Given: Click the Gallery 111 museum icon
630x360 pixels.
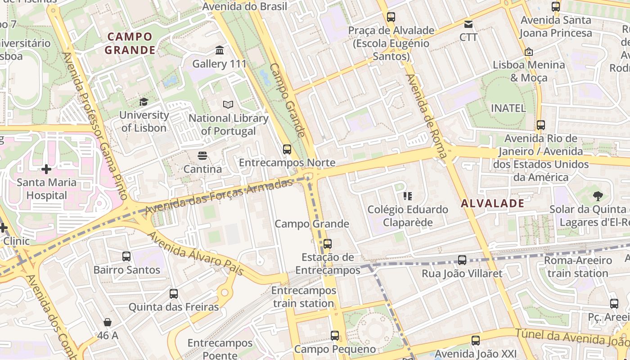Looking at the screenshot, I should (x=220, y=49).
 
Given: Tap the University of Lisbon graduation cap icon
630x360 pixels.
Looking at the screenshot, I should (x=144, y=102).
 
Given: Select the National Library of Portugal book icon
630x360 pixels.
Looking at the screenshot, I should (x=228, y=104).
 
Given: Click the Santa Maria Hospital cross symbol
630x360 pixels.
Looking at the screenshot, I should (x=46, y=169).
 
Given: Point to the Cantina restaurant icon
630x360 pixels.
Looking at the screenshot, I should (x=202, y=156).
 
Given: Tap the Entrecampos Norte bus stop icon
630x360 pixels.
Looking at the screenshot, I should (x=287, y=149).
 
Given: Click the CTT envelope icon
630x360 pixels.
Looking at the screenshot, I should (x=468, y=24).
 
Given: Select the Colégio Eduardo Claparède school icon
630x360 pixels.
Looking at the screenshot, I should (x=408, y=196).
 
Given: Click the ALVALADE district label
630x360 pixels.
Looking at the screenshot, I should (x=492, y=203).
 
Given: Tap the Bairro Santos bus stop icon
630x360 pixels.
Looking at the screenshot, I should (x=126, y=256).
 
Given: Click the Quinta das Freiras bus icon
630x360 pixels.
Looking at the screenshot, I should (x=174, y=294).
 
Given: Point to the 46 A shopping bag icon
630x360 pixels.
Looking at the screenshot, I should (x=108, y=322).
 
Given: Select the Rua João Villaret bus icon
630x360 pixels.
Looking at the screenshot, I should (x=462, y=260).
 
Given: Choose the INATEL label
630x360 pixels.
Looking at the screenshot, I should (x=508, y=108).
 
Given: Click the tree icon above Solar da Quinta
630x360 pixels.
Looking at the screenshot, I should (x=598, y=196).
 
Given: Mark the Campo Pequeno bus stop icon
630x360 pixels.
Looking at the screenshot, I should (x=334, y=335).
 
